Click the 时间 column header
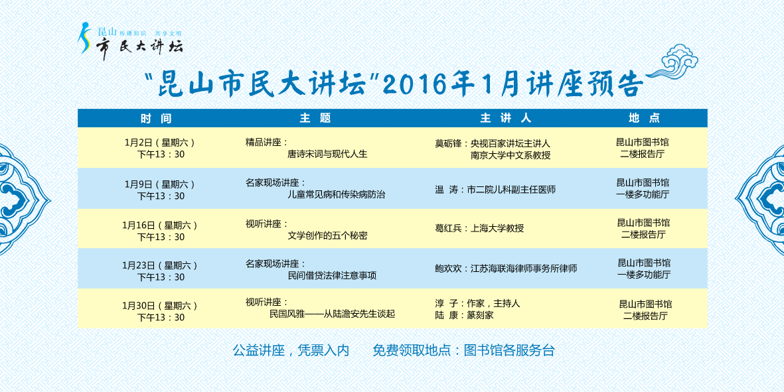tap(156, 118)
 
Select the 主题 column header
tap(315, 118)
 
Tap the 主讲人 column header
tap(505, 118)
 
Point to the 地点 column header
tap(645, 118)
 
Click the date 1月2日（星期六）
tap(160, 143)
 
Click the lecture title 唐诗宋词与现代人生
tap(327, 155)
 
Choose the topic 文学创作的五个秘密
tap(327, 235)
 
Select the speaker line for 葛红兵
tap(479, 229)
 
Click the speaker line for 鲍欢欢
tap(506, 269)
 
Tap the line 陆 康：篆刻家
tap(465, 316)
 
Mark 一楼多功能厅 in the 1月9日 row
tap(643, 195)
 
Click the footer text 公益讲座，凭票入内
tap(291, 350)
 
